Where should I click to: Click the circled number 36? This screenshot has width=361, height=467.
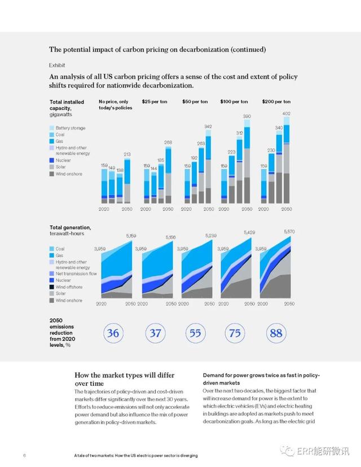(x=113, y=333)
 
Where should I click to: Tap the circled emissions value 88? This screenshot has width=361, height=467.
(x=276, y=333)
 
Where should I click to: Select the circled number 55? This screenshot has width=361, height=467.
(x=195, y=333)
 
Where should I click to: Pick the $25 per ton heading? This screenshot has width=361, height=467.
(x=153, y=102)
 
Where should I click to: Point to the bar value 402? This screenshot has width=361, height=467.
(x=287, y=113)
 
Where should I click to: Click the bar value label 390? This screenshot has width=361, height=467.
(x=246, y=116)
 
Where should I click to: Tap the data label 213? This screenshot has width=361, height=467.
(x=127, y=154)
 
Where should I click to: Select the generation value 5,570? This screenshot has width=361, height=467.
(x=289, y=232)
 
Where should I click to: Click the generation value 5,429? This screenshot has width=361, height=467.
(x=249, y=232)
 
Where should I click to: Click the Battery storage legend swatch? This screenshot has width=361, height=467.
(x=52, y=128)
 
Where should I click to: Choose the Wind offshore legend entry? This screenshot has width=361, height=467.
(x=69, y=287)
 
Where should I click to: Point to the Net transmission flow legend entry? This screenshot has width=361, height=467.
(x=76, y=274)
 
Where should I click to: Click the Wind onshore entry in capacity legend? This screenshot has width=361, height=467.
(x=69, y=174)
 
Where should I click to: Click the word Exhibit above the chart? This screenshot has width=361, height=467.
(x=57, y=65)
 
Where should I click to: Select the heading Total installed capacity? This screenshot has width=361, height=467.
(x=67, y=105)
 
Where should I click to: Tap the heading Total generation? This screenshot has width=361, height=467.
(x=70, y=227)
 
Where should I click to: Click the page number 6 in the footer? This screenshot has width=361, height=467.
(x=24, y=455)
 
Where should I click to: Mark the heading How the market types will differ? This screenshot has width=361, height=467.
(x=124, y=375)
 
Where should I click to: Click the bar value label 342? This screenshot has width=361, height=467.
(x=208, y=126)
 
